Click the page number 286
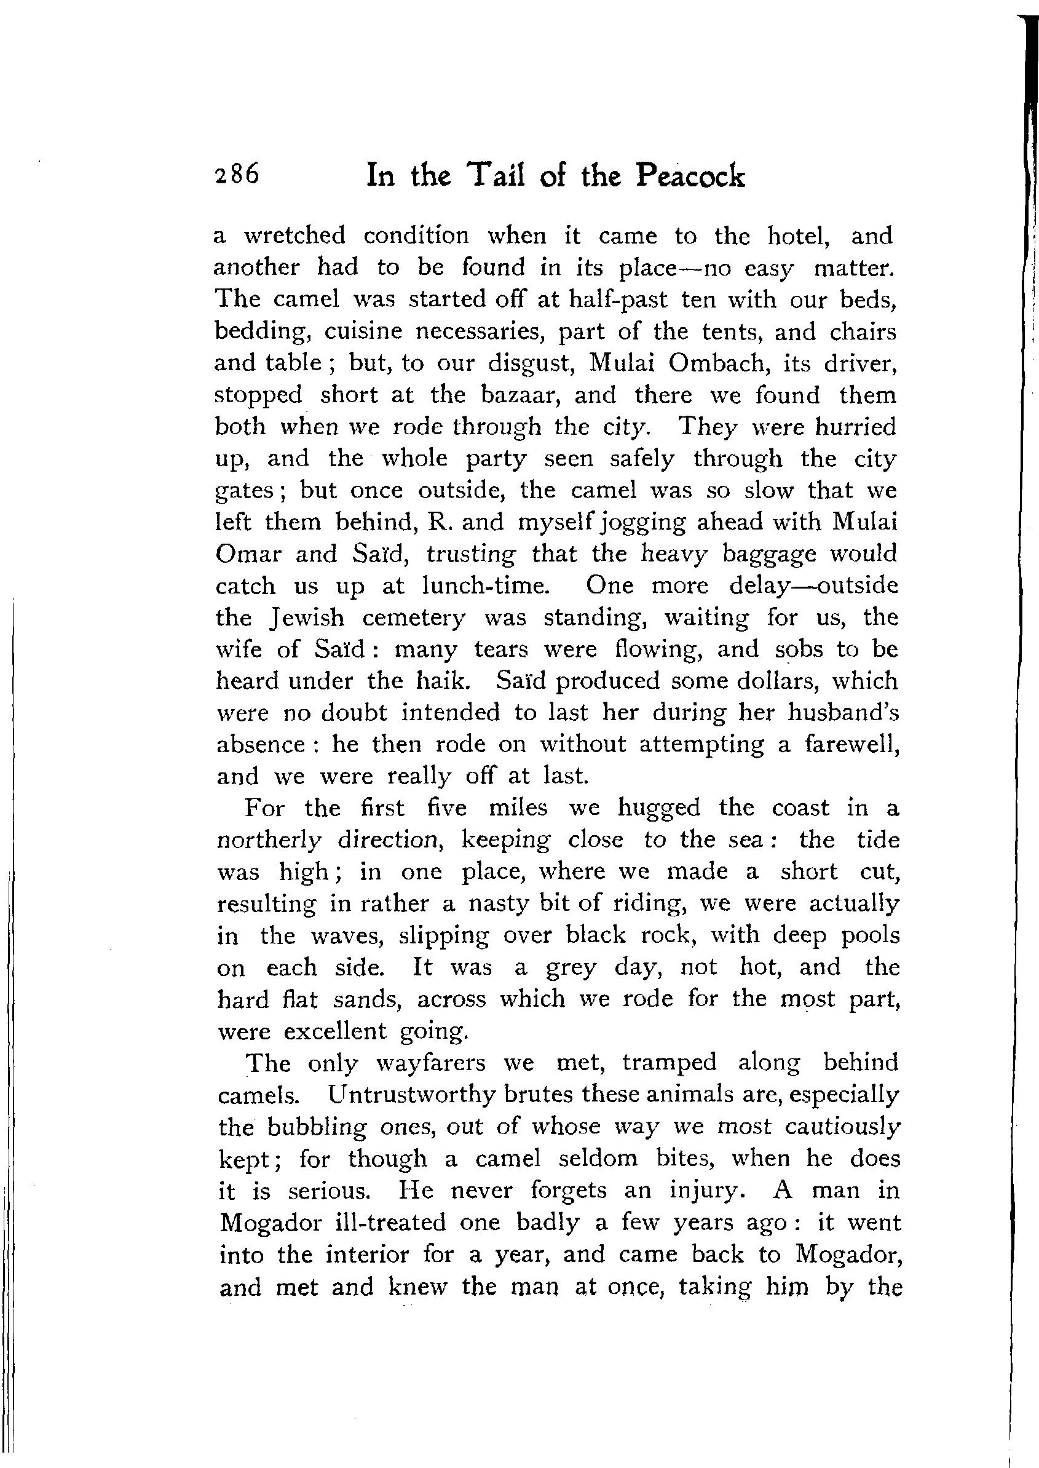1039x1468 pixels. tap(237, 175)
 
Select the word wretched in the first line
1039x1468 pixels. tap(295, 236)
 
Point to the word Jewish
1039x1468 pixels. tap(307, 617)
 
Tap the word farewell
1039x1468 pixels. tap(851, 744)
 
